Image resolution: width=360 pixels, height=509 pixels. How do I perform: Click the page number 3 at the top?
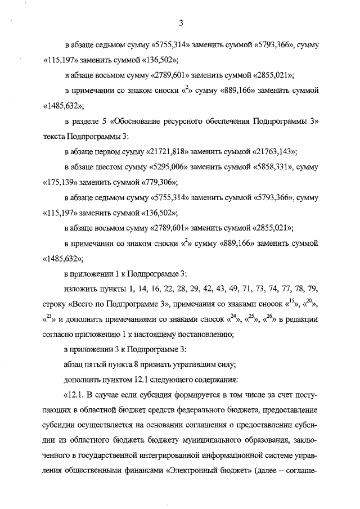point(181,23)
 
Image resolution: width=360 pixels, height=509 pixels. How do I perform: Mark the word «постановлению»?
point(200,335)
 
